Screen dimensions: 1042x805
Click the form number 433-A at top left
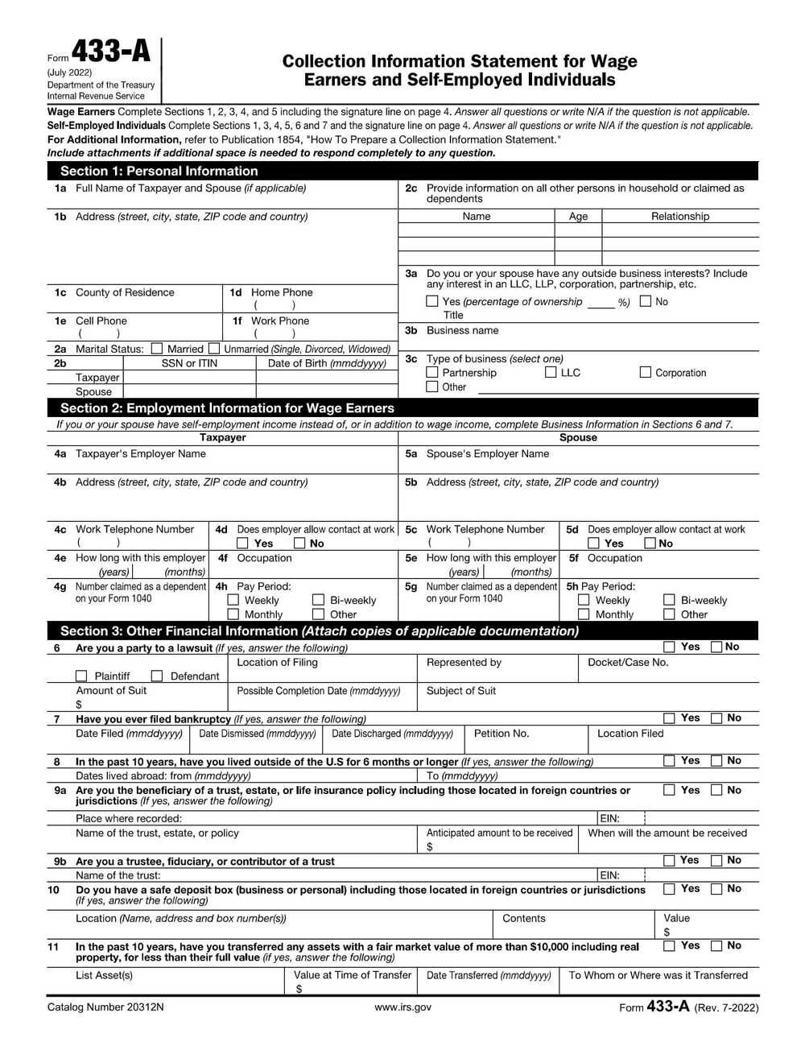pyautogui.click(x=110, y=52)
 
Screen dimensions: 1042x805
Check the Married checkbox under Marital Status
pyautogui.click(x=157, y=349)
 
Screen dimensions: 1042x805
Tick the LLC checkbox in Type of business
pyautogui.click(x=551, y=372)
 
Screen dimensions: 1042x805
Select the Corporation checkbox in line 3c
pyautogui.click(x=645, y=372)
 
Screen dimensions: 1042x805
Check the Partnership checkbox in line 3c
pyautogui.click(x=432, y=372)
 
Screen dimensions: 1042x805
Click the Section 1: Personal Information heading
pyautogui.click(x=159, y=171)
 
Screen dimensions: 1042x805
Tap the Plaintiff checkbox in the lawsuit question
pyautogui.click(x=81, y=676)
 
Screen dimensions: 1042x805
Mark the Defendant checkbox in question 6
pyautogui.click(x=157, y=676)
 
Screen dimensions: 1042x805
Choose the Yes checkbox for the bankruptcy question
pyautogui.click(x=669, y=718)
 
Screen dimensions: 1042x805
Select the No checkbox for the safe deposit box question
pyautogui.click(x=716, y=889)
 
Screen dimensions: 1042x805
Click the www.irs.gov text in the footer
pyautogui.click(x=402, y=1007)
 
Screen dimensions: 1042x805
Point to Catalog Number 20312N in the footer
pyautogui.click(x=105, y=1007)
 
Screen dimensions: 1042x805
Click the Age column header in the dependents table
pyautogui.click(x=578, y=216)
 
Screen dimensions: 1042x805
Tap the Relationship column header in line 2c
pyautogui.click(x=680, y=216)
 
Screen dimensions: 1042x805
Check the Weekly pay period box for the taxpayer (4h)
pyautogui.click(x=233, y=600)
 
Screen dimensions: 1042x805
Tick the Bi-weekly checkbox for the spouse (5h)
pyautogui.click(x=669, y=600)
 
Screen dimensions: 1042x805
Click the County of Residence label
pyautogui.click(x=125, y=292)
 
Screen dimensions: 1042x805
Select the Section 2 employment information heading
pyautogui.click(x=227, y=407)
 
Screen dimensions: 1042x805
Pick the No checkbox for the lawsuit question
pyautogui.click(x=716, y=647)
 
